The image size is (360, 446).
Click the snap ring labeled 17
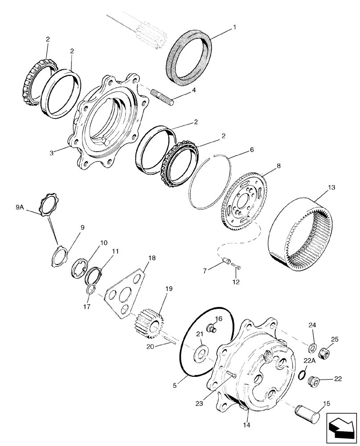click(x=91, y=290)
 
